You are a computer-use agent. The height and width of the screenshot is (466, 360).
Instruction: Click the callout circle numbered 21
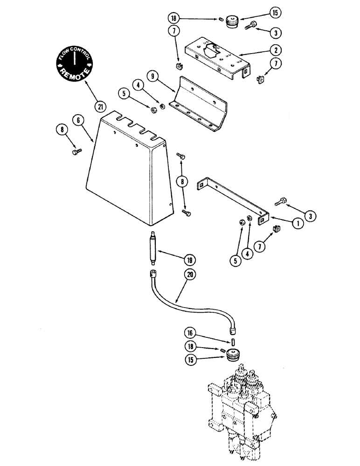tap(99, 106)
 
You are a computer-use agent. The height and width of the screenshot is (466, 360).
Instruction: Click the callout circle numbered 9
tap(152, 75)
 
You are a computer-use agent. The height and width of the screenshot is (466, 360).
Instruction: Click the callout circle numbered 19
tap(190, 260)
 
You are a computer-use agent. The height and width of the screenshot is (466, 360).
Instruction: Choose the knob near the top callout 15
tap(232, 21)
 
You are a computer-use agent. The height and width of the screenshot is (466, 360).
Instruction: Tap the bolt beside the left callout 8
tap(77, 152)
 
